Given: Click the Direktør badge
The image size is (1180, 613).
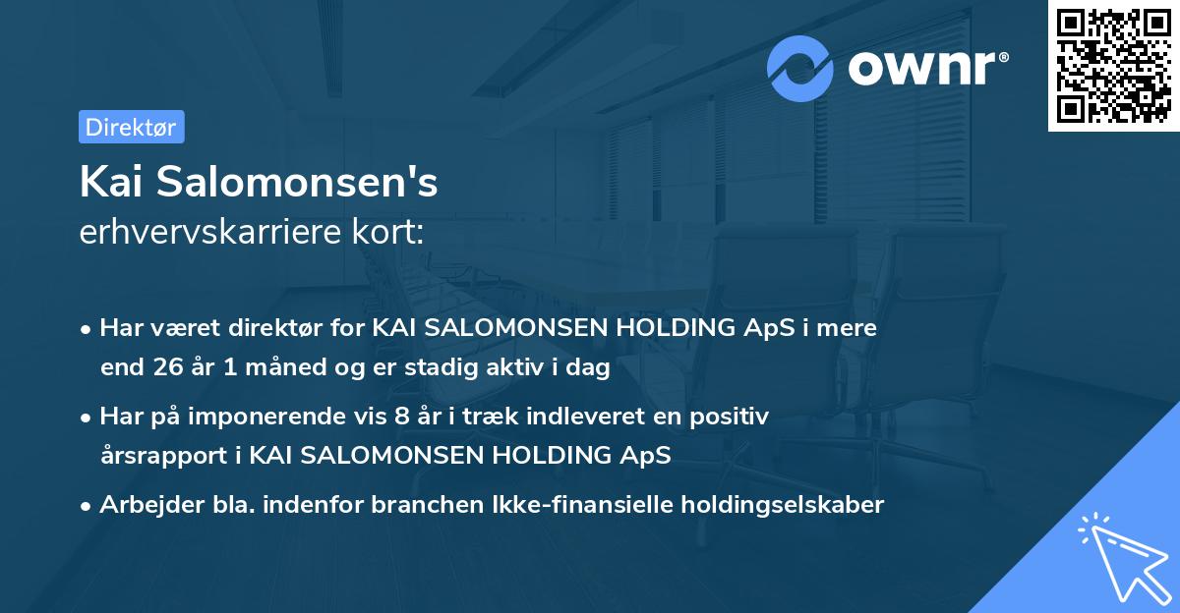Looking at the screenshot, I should (x=131, y=127).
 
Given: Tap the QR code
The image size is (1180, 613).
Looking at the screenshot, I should (x=1113, y=66).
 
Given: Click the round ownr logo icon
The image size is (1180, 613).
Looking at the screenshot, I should (x=800, y=69).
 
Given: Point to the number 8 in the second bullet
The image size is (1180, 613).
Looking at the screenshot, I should (x=400, y=417).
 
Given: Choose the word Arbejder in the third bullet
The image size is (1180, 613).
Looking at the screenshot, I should (x=144, y=505).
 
